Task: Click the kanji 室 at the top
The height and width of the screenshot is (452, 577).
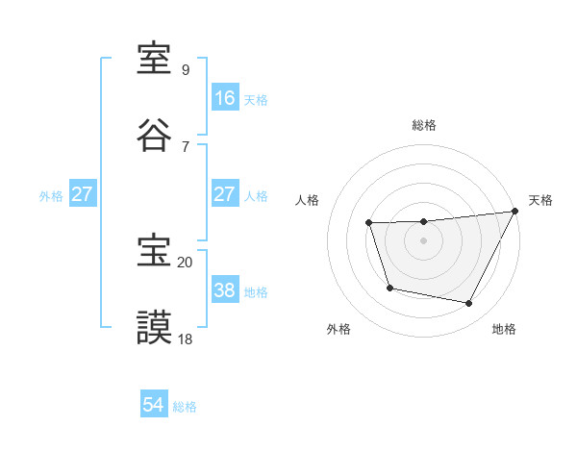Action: click(155, 60)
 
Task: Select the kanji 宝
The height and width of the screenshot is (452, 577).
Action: click(155, 251)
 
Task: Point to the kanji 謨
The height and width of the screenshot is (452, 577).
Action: click(155, 326)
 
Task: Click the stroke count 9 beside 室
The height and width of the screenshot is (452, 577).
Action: click(185, 70)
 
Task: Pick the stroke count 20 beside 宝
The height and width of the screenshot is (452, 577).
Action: click(185, 262)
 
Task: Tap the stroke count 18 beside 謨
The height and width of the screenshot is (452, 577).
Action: click(185, 338)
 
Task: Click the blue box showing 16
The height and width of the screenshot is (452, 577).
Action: click(224, 98)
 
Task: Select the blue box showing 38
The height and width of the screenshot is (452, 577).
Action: click(224, 290)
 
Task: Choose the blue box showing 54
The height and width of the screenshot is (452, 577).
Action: click(154, 406)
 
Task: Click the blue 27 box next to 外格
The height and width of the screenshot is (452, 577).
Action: click(82, 194)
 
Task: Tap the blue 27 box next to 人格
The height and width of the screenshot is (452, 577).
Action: click(224, 194)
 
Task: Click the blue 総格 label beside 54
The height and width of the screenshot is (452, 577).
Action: click(185, 407)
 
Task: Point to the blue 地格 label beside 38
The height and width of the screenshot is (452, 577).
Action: click(256, 291)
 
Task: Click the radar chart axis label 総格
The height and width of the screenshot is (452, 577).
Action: click(424, 126)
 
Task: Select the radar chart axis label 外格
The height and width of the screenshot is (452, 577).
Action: click(339, 330)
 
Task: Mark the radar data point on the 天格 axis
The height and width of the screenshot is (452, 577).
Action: click(515, 212)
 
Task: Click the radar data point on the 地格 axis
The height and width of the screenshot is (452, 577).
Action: click(469, 304)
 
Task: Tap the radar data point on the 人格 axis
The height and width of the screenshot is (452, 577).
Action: click(369, 223)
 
